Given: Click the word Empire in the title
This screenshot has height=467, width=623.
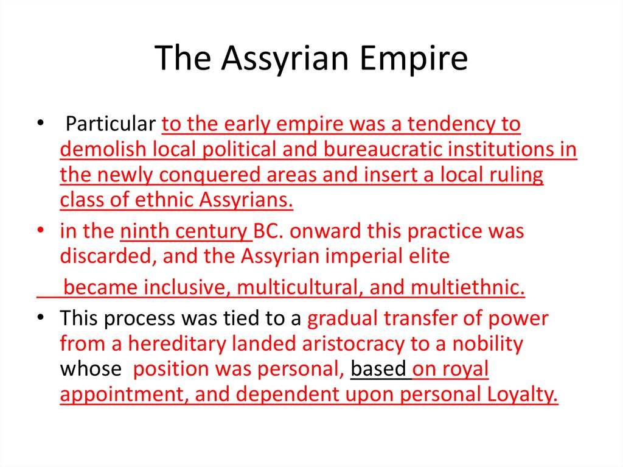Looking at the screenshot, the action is click(x=414, y=58).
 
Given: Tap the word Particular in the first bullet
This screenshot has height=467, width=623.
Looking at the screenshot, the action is click(x=111, y=124).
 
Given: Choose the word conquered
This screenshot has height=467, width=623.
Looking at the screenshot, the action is click(x=209, y=175).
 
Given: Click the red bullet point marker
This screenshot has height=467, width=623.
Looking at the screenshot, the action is click(x=41, y=230).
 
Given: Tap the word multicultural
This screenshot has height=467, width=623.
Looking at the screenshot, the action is click(x=299, y=287).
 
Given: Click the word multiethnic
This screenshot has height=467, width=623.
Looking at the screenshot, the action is click(x=467, y=287).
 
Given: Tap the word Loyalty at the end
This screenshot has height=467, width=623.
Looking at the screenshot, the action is click(x=522, y=394).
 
